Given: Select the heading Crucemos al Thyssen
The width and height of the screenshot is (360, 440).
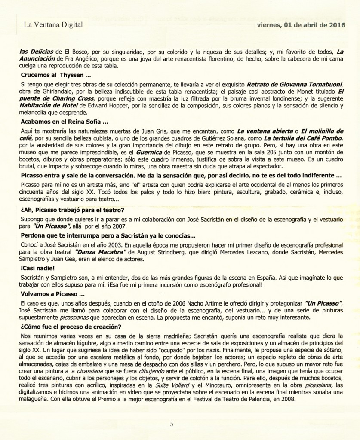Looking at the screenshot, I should tap(50, 75).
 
